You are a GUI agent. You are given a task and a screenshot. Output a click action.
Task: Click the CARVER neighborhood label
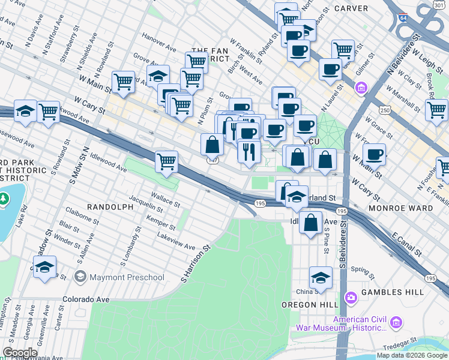(x=351, y=8)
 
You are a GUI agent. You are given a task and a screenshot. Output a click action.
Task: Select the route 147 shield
(x=212, y=160)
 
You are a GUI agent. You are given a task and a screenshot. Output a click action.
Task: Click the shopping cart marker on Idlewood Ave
(x=166, y=161)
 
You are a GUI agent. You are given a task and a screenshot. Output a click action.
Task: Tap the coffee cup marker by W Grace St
(x=374, y=155)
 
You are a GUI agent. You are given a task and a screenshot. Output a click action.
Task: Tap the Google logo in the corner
(x=20, y=352)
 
